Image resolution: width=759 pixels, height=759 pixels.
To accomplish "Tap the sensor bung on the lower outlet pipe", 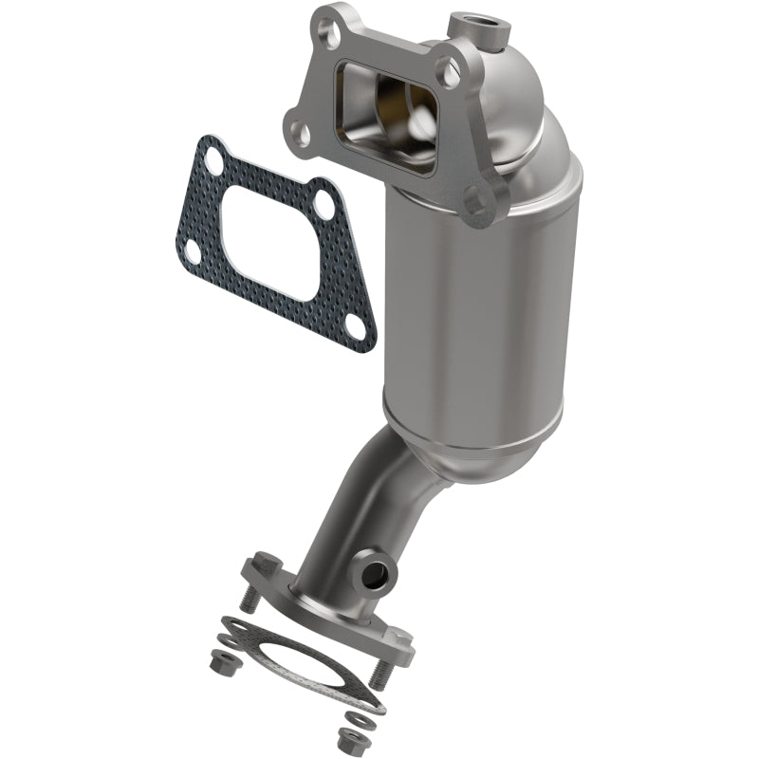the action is (378, 571).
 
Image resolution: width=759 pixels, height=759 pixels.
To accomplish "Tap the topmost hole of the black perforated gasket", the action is (213, 163).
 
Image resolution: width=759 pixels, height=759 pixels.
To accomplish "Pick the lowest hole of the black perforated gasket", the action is (355, 324).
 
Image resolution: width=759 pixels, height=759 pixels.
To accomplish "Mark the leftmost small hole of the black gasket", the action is (193, 252).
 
